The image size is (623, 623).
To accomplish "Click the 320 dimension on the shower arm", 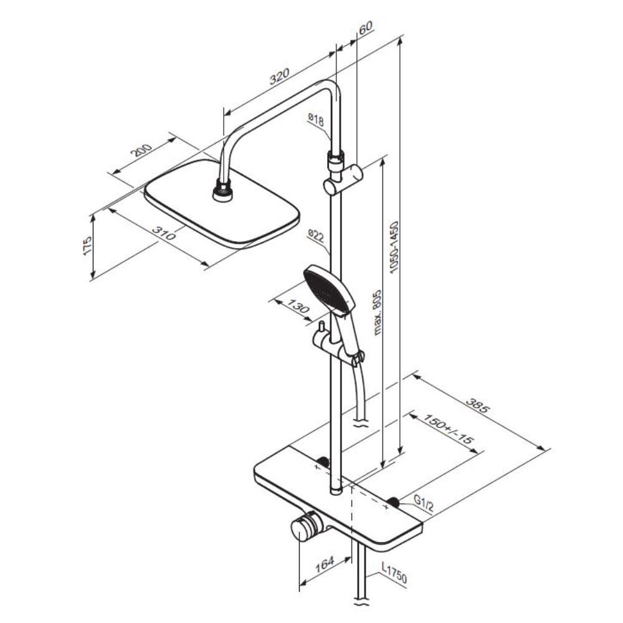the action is pos(280,77).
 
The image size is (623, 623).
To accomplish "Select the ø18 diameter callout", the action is pos(316,119).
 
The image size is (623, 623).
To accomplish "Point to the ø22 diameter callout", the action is pos(316,236).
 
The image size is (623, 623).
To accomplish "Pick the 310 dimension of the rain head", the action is pos(164,234).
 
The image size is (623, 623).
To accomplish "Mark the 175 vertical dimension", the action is pos(87,245).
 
